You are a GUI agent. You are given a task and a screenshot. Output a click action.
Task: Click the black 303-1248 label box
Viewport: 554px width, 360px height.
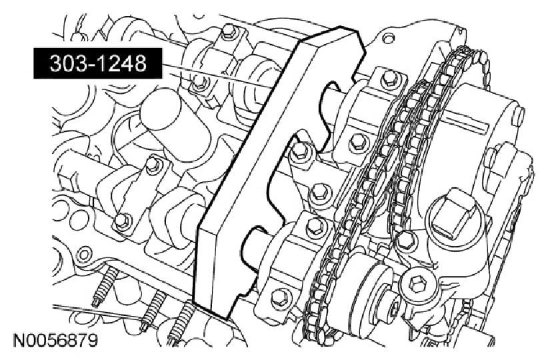point(98,63)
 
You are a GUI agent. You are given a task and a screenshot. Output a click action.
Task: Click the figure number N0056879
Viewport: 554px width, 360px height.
point(55,341)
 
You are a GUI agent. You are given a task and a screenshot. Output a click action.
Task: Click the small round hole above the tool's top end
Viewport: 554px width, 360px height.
point(388,37)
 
